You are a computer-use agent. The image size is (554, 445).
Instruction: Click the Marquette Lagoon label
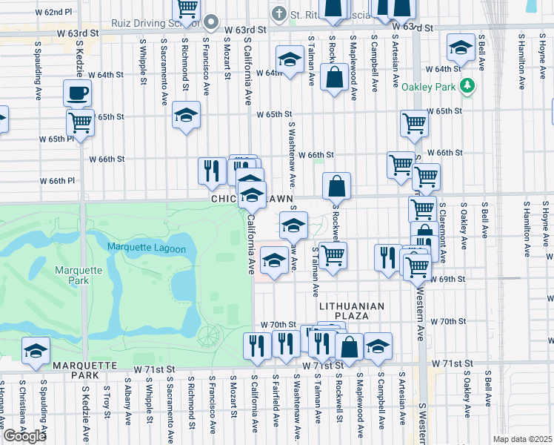pos(146,248)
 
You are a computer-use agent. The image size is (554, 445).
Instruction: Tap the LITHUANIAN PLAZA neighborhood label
pos(352,311)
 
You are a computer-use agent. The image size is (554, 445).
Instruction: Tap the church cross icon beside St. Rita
pos(278,13)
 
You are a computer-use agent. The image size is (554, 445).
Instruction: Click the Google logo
pos(24,436)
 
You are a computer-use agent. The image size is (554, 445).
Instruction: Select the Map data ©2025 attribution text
pos(522,439)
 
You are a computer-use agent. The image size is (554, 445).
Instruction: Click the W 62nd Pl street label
pos(59,13)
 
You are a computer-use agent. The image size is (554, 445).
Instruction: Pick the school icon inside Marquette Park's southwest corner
pos(35,351)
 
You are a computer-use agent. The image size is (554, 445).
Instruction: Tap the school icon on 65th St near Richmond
pos(186,115)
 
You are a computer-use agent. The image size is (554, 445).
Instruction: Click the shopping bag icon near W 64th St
pos(335,76)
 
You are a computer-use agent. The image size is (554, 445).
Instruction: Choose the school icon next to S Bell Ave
pos(461,48)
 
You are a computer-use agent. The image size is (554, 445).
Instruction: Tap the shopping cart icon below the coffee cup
pos(80,122)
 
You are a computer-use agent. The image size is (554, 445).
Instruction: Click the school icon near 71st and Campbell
pos(378,346)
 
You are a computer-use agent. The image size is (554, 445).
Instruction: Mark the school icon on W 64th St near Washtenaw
pos(290,59)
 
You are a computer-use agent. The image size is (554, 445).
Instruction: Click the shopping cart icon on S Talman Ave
pos(333,255)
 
